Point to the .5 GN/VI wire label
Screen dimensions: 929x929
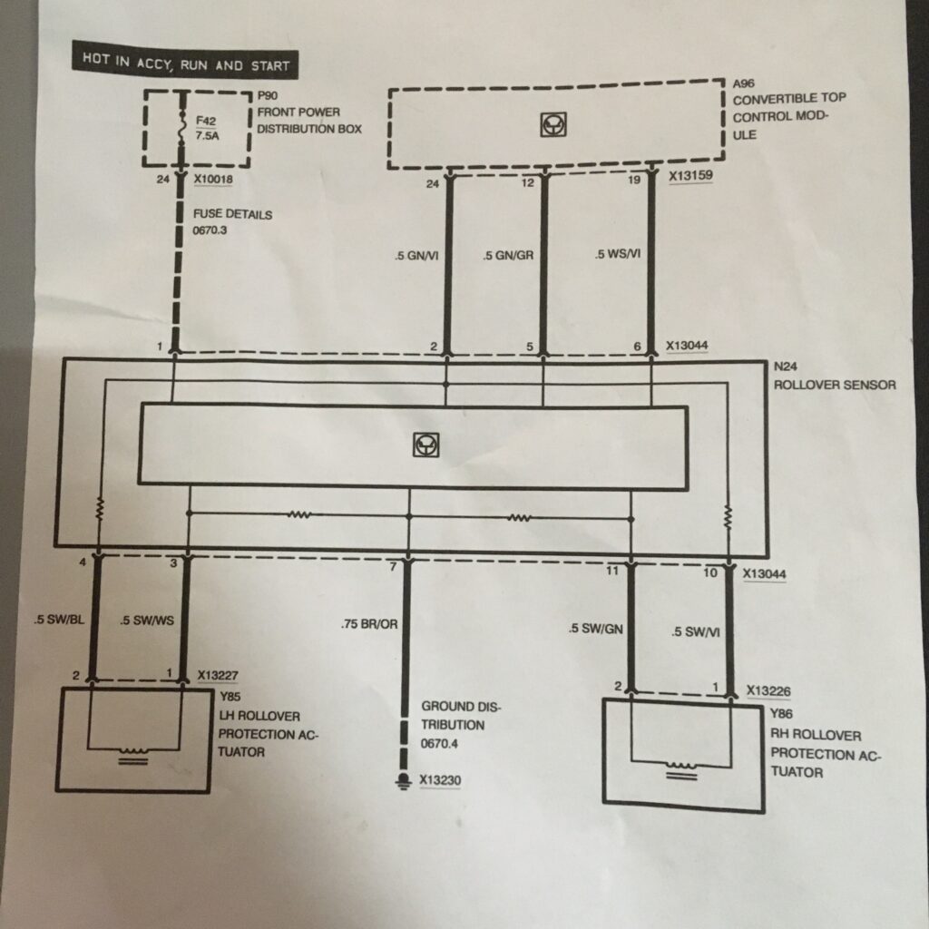(x=416, y=257)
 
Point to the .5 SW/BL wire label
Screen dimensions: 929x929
(x=60, y=621)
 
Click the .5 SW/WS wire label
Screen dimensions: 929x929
(x=147, y=622)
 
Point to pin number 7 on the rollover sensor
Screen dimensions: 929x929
(x=393, y=568)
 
